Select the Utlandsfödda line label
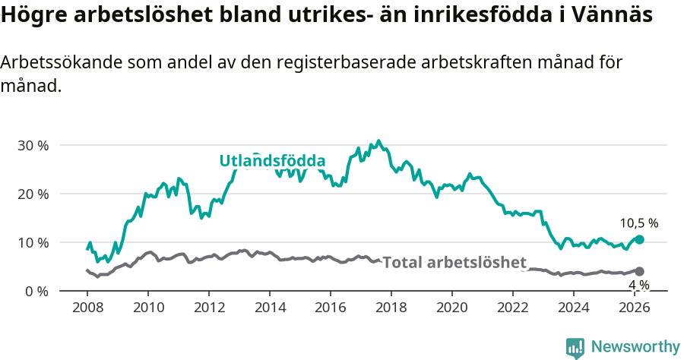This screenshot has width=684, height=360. click(x=272, y=161)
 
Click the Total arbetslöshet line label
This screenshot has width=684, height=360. click(x=454, y=263)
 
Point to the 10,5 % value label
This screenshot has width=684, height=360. click(x=638, y=223)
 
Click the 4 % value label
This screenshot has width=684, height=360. click(x=638, y=285)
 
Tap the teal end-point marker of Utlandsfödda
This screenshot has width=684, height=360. click(x=639, y=239)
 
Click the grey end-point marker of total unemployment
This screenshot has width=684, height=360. click(x=639, y=271)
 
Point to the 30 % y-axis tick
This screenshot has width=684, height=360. click(x=33, y=145)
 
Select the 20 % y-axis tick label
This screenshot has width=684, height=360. click(x=33, y=194)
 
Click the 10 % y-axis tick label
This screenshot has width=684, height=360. click(x=33, y=242)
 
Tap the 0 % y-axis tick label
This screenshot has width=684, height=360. click(x=36, y=291)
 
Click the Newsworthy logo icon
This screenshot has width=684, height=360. click(x=575, y=348)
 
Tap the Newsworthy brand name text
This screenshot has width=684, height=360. click(x=635, y=347)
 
